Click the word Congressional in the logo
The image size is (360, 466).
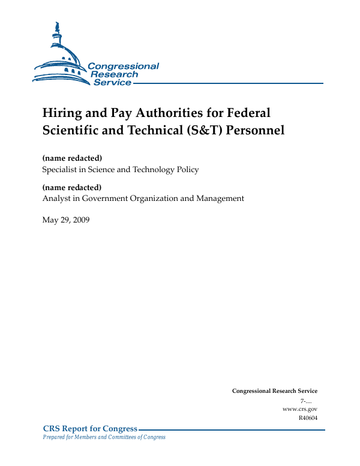(x=123, y=66)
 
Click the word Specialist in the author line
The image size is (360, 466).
(x=61, y=170)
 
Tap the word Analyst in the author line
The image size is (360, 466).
(x=56, y=198)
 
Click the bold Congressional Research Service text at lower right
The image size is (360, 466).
(x=274, y=391)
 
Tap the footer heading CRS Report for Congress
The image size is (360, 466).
(x=91, y=428)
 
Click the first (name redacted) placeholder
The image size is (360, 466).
(x=72, y=158)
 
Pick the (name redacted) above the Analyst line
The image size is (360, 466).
(x=72, y=187)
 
